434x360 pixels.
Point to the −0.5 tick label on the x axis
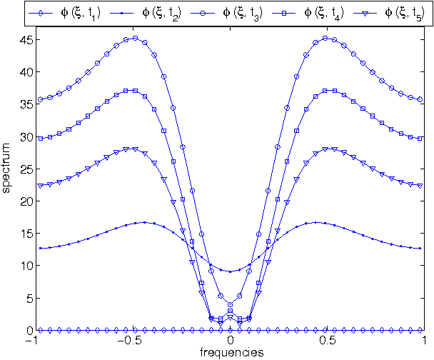click(x=129, y=341)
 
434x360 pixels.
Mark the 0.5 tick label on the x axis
click(x=328, y=341)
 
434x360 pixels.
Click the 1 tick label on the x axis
click(x=424, y=341)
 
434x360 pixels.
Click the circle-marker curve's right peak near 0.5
click(x=325, y=38)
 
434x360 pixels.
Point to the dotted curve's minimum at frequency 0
click(x=230, y=271)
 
